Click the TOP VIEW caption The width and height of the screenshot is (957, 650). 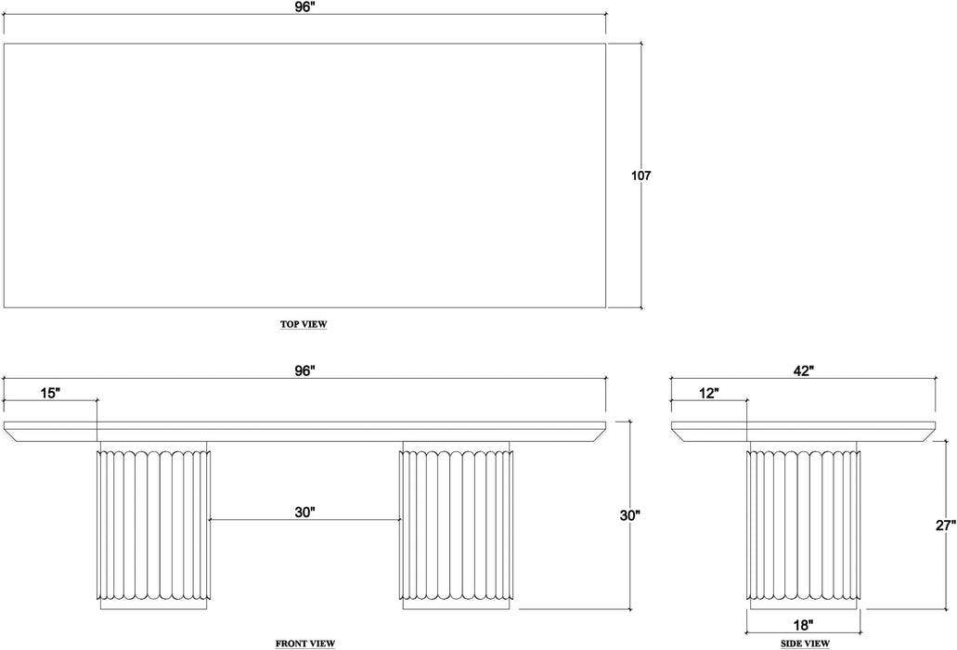click(x=304, y=325)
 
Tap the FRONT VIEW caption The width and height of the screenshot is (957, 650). click(x=305, y=643)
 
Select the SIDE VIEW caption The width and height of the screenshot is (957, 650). click(x=804, y=643)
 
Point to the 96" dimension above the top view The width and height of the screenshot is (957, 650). click(x=306, y=6)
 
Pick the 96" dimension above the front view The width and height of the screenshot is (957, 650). click(x=306, y=370)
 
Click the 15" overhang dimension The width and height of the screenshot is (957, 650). click(x=50, y=393)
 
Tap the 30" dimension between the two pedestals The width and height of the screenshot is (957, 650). click(x=306, y=511)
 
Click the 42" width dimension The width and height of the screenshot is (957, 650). click(x=804, y=370)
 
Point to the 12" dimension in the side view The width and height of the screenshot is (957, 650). click(x=709, y=393)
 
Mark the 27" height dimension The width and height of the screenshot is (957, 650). click(x=945, y=526)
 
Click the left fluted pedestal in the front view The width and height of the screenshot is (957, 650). click(x=153, y=525)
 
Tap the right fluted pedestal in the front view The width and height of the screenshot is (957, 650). click(x=457, y=525)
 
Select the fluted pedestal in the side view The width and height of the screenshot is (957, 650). click(x=805, y=525)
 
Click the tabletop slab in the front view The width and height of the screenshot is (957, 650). click(x=306, y=431)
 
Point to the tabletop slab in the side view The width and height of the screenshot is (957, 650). click(x=804, y=431)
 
